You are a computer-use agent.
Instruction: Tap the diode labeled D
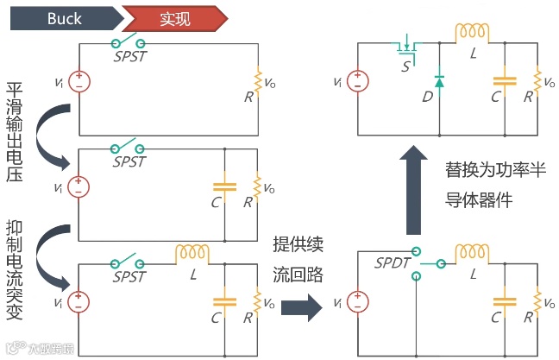pos(439,81)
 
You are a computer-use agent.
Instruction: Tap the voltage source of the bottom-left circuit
pos(79,302)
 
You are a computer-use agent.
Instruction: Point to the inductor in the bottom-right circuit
pos(471,251)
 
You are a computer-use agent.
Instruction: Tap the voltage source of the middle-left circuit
pos(79,186)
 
